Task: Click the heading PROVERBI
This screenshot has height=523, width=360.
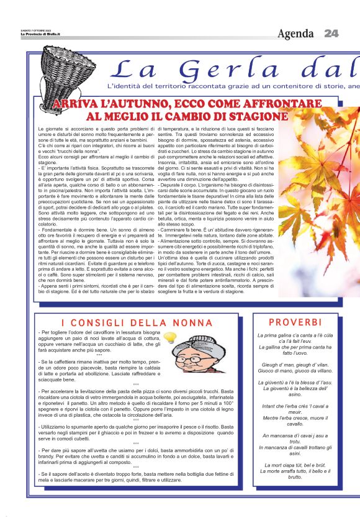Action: click(295, 322)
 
